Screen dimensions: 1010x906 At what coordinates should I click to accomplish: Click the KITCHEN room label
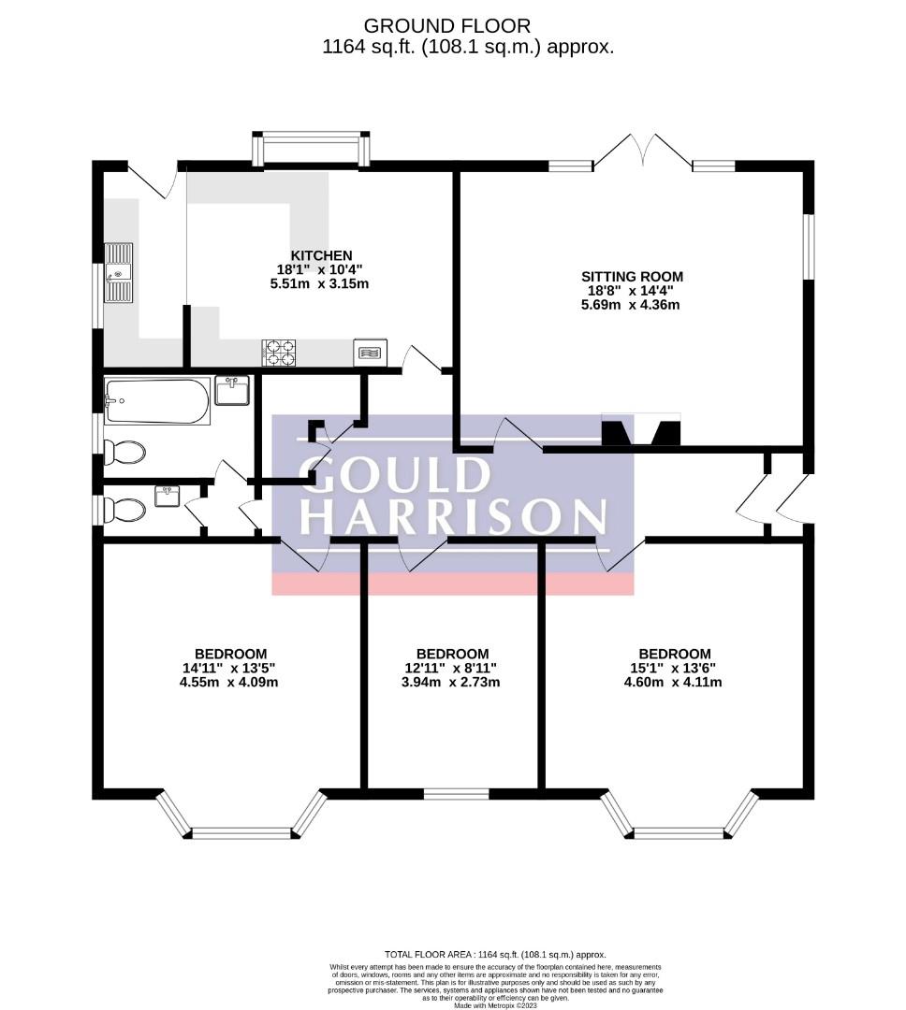point(321,255)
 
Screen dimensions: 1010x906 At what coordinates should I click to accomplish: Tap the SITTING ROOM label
point(632,276)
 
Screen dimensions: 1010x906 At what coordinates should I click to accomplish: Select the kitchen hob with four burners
point(279,352)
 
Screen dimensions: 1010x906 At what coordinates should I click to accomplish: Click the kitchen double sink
point(119,272)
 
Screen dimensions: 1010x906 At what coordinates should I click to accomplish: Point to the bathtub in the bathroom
point(156,400)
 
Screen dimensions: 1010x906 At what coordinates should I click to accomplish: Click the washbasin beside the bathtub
point(231,389)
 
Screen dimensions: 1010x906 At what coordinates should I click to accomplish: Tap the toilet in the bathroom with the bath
point(124,453)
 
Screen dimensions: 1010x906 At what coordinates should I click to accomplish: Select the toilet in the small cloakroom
point(124,510)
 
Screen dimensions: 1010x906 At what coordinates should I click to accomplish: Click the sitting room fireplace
point(640,431)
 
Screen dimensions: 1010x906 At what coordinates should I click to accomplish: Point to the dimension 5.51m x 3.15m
point(320,283)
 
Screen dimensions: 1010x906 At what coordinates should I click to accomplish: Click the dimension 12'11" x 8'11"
point(452,668)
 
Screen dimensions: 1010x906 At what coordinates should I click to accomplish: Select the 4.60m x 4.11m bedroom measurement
point(674,682)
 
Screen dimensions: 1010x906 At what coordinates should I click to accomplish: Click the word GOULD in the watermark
point(394,474)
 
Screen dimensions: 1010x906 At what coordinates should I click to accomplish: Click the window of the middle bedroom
point(456,794)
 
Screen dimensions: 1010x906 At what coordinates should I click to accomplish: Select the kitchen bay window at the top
point(311,150)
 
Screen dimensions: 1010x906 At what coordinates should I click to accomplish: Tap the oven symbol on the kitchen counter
point(371,353)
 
